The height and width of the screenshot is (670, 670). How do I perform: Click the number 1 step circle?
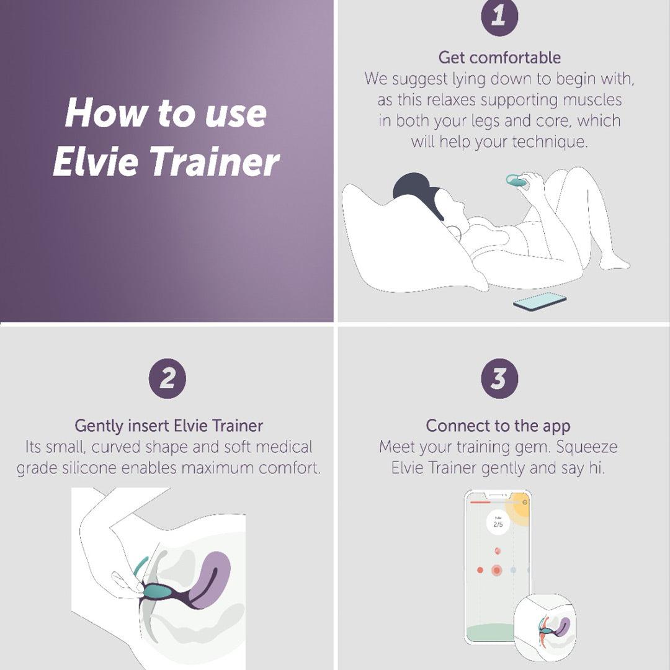(x=499, y=17)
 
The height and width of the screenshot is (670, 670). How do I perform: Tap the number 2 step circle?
(x=167, y=378)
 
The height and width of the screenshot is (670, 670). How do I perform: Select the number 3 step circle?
(x=499, y=378)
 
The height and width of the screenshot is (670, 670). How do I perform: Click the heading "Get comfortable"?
(x=499, y=58)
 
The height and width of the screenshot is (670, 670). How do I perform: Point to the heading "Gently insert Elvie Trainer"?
(x=169, y=426)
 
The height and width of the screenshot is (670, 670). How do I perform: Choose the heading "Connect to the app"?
(x=498, y=426)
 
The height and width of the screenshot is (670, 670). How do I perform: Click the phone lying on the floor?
(x=540, y=302)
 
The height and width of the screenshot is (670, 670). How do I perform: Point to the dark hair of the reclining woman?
(x=413, y=186)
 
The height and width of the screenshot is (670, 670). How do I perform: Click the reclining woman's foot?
(x=614, y=263)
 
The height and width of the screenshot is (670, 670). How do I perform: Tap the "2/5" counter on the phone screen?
(x=498, y=525)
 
